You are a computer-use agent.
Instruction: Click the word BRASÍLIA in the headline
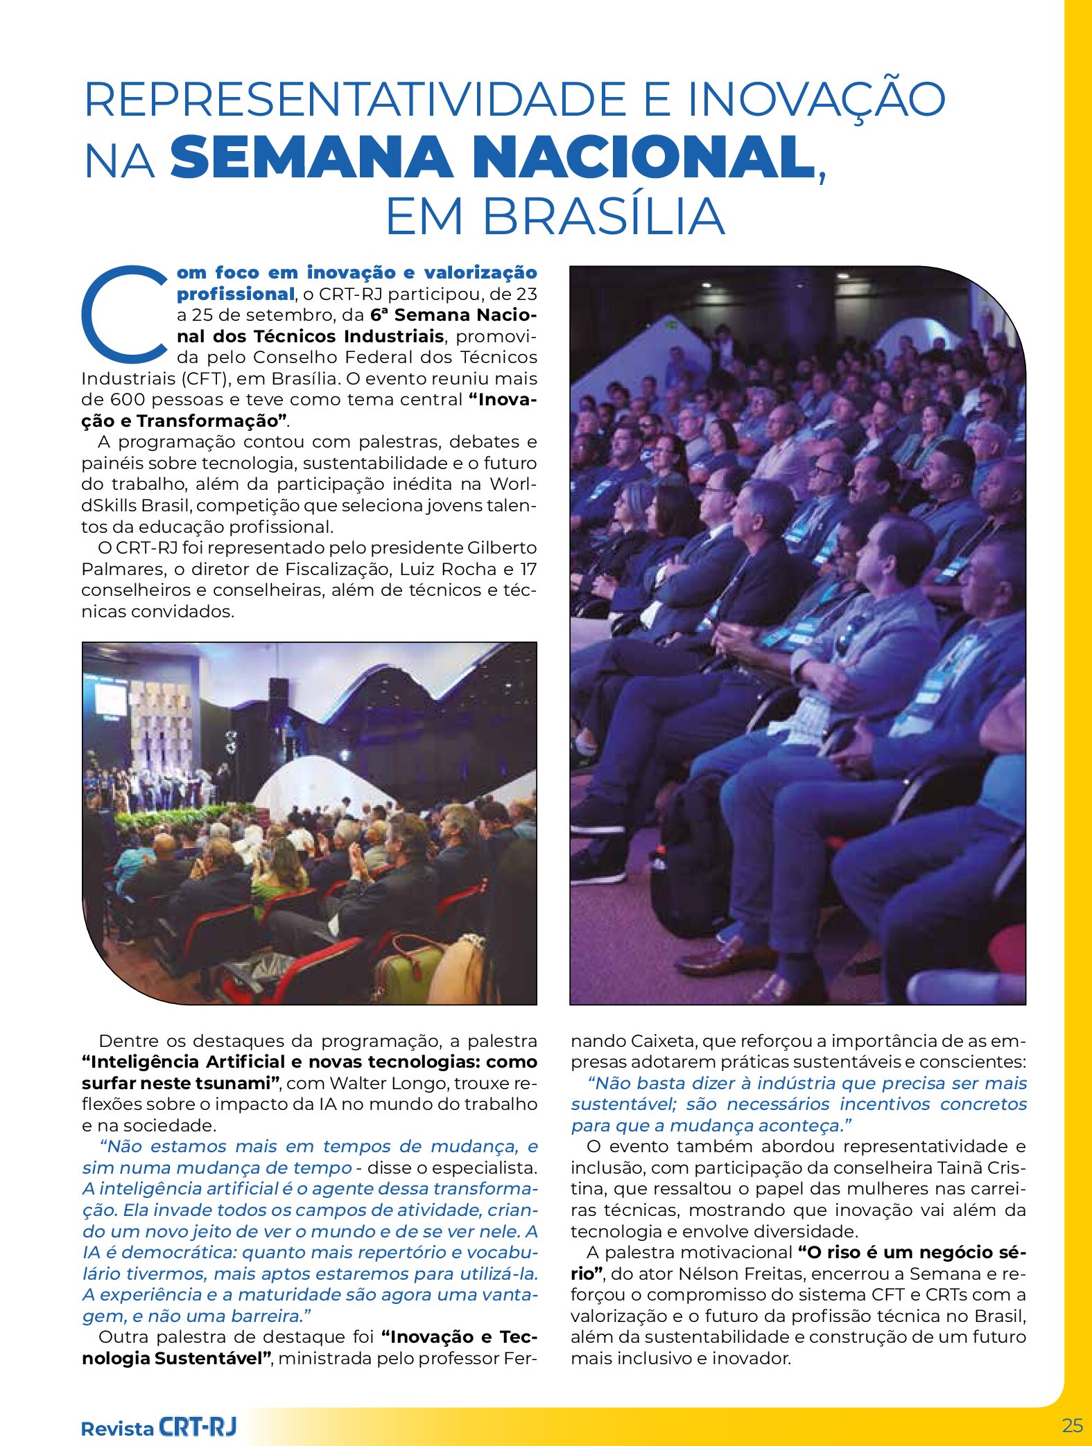tap(603, 216)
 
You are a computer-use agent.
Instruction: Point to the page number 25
tap(1072, 1425)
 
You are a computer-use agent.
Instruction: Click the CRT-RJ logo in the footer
tap(198, 1427)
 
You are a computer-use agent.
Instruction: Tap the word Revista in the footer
tap(117, 1429)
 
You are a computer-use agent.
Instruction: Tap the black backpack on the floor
tap(690, 852)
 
